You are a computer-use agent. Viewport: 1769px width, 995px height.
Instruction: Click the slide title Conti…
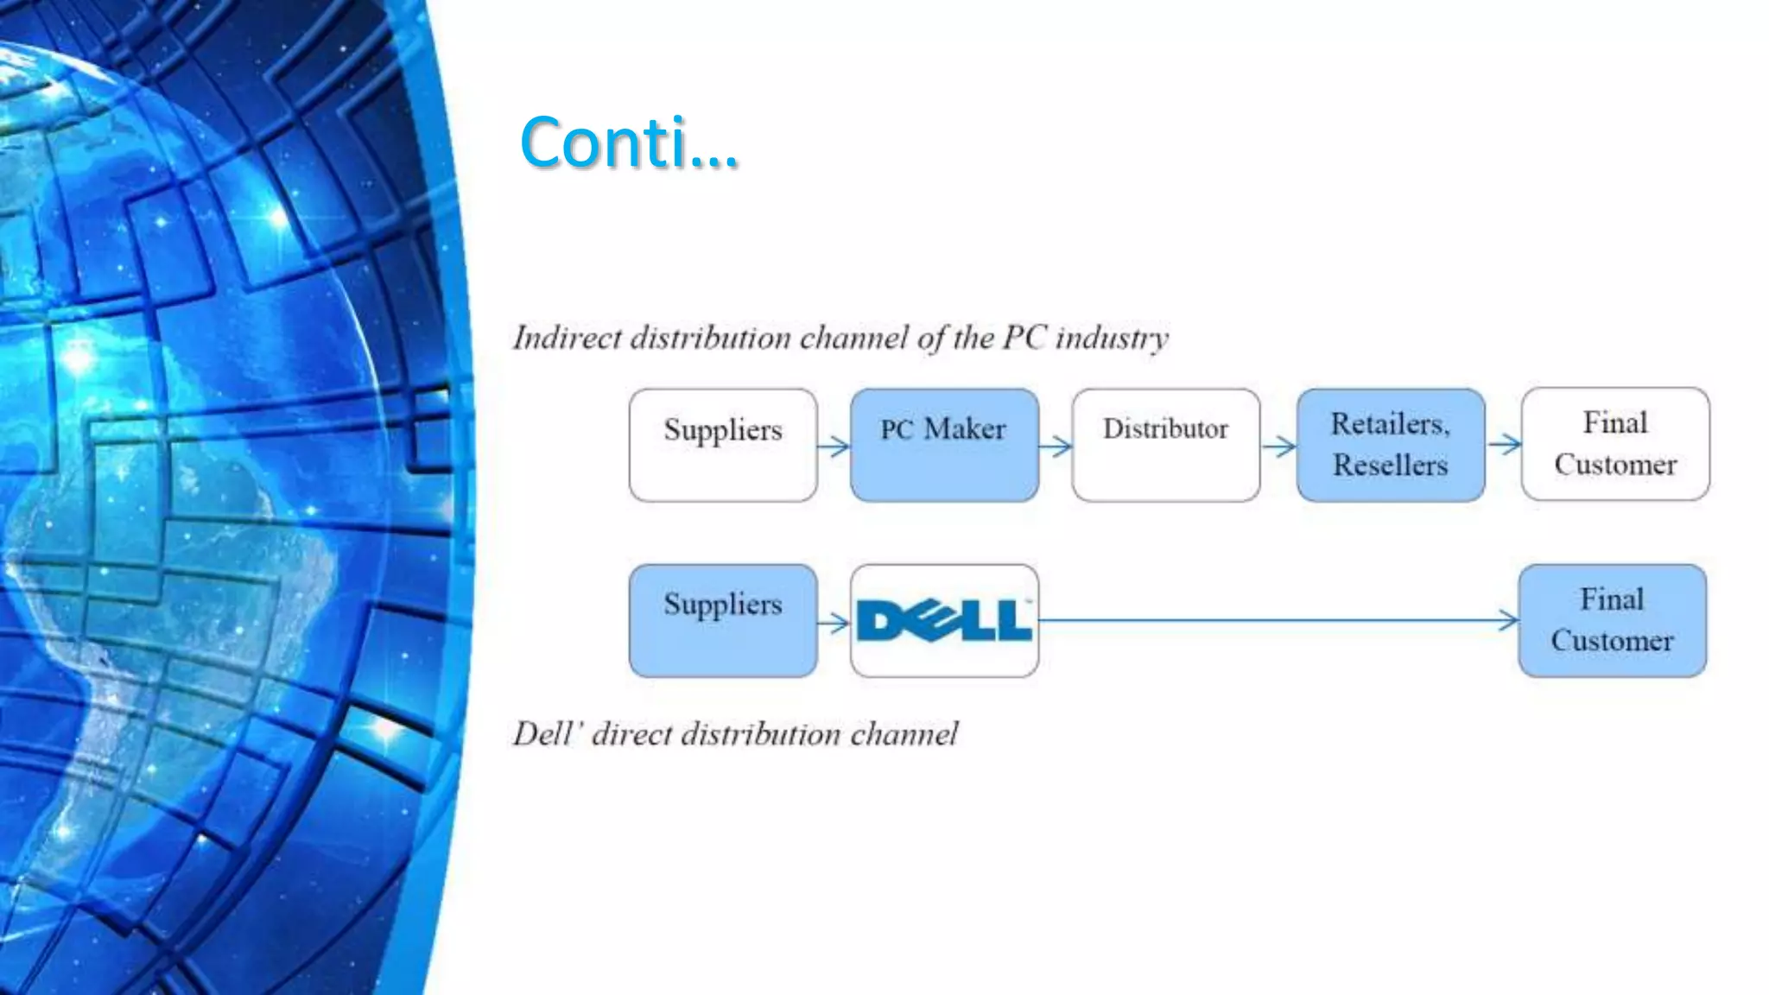pyautogui.click(x=629, y=143)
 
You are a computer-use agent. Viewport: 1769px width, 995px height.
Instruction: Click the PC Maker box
pyautogui.click(x=944, y=445)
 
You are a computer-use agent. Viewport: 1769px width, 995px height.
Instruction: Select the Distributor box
pyautogui.click(x=1165, y=445)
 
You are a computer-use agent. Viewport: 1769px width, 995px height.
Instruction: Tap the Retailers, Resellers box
pyautogui.click(x=1390, y=445)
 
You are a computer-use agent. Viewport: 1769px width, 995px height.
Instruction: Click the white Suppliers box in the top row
pyautogui.click(x=723, y=445)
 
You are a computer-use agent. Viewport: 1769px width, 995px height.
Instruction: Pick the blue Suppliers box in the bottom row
pyautogui.click(x=723, y=620)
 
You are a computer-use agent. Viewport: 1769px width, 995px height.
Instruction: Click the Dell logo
pyautogui.click(x=944, y=620)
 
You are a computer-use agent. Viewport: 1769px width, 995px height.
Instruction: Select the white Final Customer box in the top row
pyautogui.click(x=1614, y=444)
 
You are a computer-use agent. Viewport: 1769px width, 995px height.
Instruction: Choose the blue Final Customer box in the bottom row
pyautogui.click(x=1612, y=620)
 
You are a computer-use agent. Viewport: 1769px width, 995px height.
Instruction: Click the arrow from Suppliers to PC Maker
pyautogui.click(x=834, y=447)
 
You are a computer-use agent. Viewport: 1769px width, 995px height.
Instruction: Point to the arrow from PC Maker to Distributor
pyautogui.click(x=1056, y=447)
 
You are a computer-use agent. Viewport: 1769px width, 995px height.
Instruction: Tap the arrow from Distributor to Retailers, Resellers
pyautogui.click(x=1279, y=447)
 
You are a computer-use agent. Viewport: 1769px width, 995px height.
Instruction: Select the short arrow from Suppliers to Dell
pyautogui.click(x=834, y=622)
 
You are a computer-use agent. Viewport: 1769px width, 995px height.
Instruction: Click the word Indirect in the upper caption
pyautogui.click(x=567, y=338)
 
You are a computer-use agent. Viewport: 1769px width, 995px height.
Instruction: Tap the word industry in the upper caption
pyautogui.click(x=1112, y=338)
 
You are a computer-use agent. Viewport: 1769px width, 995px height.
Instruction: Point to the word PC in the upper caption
pyautogui.click(x=1024, y=338)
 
